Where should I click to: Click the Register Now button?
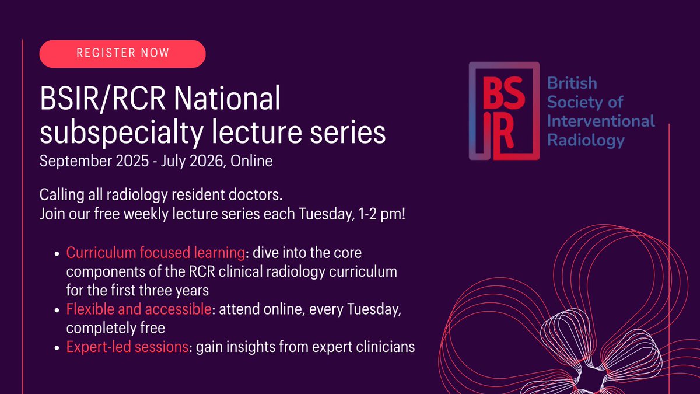pyautogui.click(x=123, y=54)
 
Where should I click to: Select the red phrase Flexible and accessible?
pyautogui.click(x=138, y=310)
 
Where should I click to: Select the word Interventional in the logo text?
pyautogui.click(x=601, y=121)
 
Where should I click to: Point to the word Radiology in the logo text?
pyautogui.click(x=586, y=141)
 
